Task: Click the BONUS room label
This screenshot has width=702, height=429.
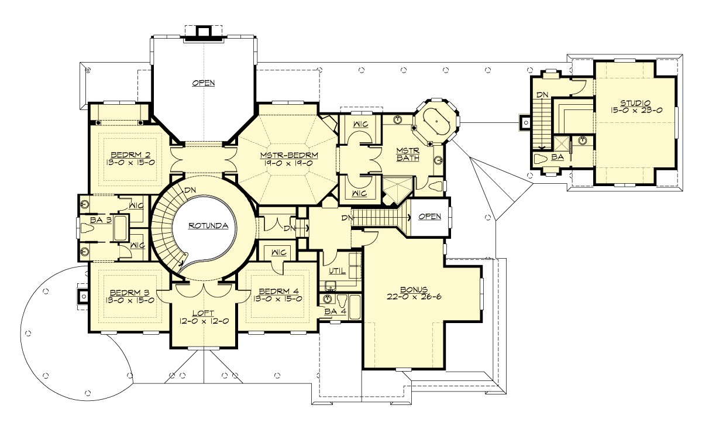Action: (x=415, y=289)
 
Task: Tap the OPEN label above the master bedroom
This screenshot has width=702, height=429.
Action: (x=203, y=83)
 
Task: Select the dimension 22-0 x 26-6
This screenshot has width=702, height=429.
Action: (x=415, y=297)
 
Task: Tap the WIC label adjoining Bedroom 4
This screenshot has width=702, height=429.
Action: (x=278, y=253)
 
